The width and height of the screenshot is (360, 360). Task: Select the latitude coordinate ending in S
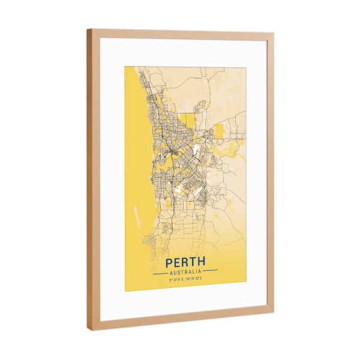[176, 279]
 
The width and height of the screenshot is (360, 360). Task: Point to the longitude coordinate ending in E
[194, 279]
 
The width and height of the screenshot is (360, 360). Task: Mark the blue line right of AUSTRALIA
[210, 272]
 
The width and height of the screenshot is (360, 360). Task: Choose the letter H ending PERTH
[201, 262]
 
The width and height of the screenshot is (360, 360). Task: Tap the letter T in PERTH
[193, 262]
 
